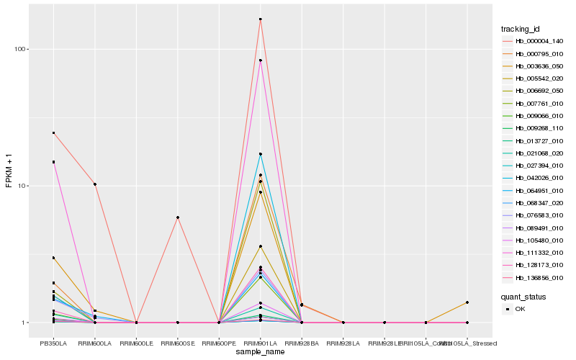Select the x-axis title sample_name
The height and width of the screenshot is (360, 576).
[x=260, y=351]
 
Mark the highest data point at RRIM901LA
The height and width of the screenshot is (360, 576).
[x=260, y=19]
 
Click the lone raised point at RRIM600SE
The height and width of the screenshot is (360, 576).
[x=177, y=217]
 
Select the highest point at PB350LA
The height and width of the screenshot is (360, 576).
[x=53, y=132]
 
